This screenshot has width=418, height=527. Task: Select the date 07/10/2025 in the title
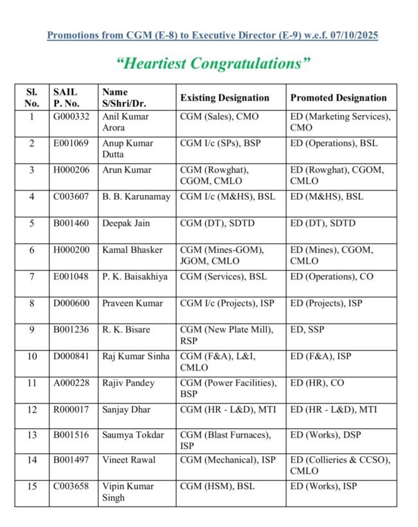point(352,35)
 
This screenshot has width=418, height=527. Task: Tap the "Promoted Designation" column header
point(338,98)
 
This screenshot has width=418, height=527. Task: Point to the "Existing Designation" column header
point(224,98)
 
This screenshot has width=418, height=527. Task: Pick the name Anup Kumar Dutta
point(127,149)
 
